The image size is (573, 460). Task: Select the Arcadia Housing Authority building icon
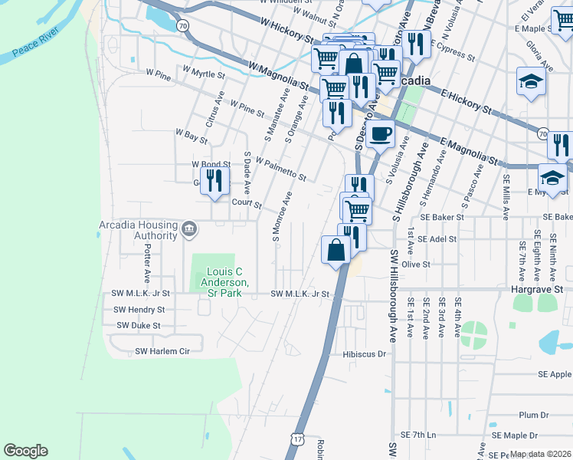[x=188, y=228]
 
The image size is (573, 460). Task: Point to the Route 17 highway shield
[x=297, y=437]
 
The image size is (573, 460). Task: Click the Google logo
[x=25, y=451]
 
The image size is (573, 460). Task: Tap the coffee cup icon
[x=380, y=134]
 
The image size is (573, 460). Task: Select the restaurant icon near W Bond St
[x=215, y=181]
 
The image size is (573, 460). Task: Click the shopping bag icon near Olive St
[x=336, y=249]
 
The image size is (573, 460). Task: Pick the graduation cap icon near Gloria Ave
[x=530, y=80]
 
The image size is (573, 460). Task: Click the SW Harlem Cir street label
[x=162, y=351]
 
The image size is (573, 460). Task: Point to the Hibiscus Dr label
[x=352, y=355]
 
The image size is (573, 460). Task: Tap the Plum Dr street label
[x=529, y=415]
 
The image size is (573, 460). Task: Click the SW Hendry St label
[x=139, y=310]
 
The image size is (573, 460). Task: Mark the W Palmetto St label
[x=281, y=170]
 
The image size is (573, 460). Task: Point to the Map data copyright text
[x=540, y=454]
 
